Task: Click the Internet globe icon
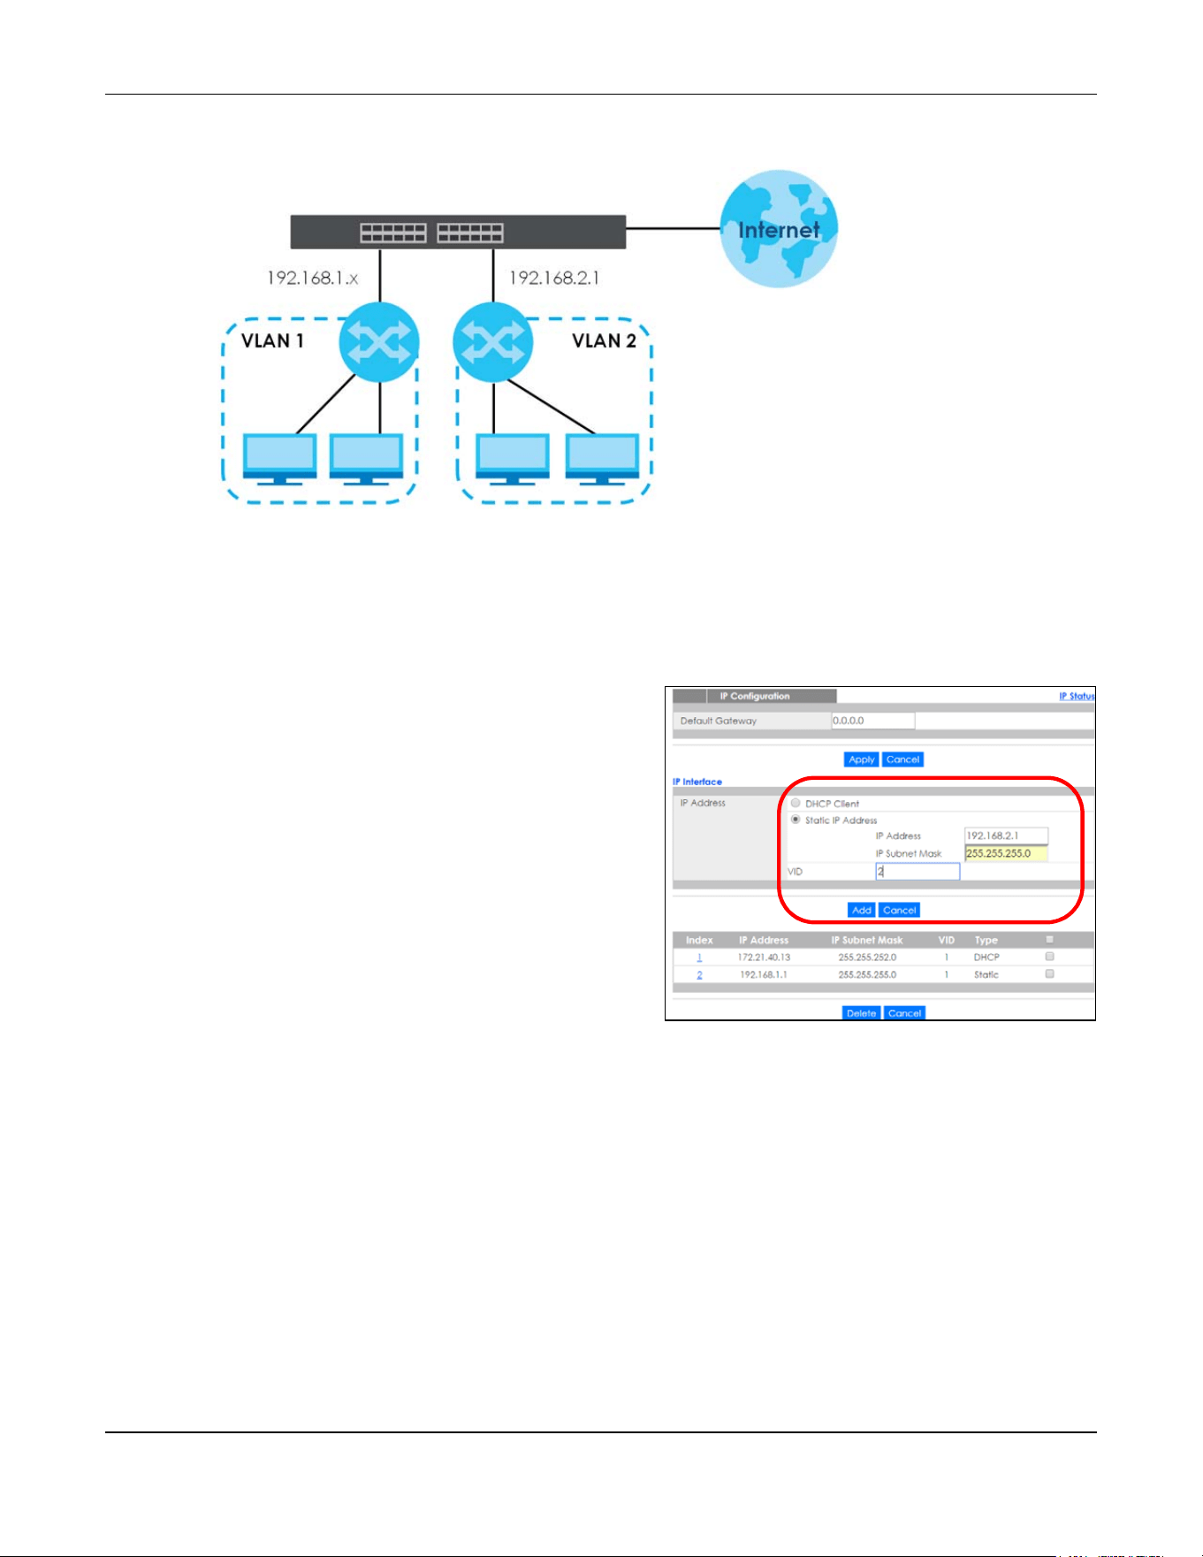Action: click(779, 229)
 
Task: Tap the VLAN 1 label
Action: click(272, 341)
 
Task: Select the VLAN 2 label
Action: click(604, 341)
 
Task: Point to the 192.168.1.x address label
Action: click(313, 278)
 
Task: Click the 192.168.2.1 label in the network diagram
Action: click(554, 278)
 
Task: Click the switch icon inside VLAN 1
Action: click(378, 342)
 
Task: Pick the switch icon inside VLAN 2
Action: click(492, 342)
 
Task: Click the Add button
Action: click(861, 910)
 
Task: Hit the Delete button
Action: click(861, 1013)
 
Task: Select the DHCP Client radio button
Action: click(796, 803)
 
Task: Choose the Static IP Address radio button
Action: click(796, 820)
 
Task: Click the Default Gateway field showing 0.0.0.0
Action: click(873, 721)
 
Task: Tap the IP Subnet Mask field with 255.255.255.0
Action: click(1006, 853)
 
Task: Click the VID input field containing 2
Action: click(917, 872)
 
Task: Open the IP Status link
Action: click(1077, 696)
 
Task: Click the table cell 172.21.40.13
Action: click(764, 958)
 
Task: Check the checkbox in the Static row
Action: click(1049, 973)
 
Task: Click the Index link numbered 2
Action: click(699, 975)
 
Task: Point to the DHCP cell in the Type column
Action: click(986, 958)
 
